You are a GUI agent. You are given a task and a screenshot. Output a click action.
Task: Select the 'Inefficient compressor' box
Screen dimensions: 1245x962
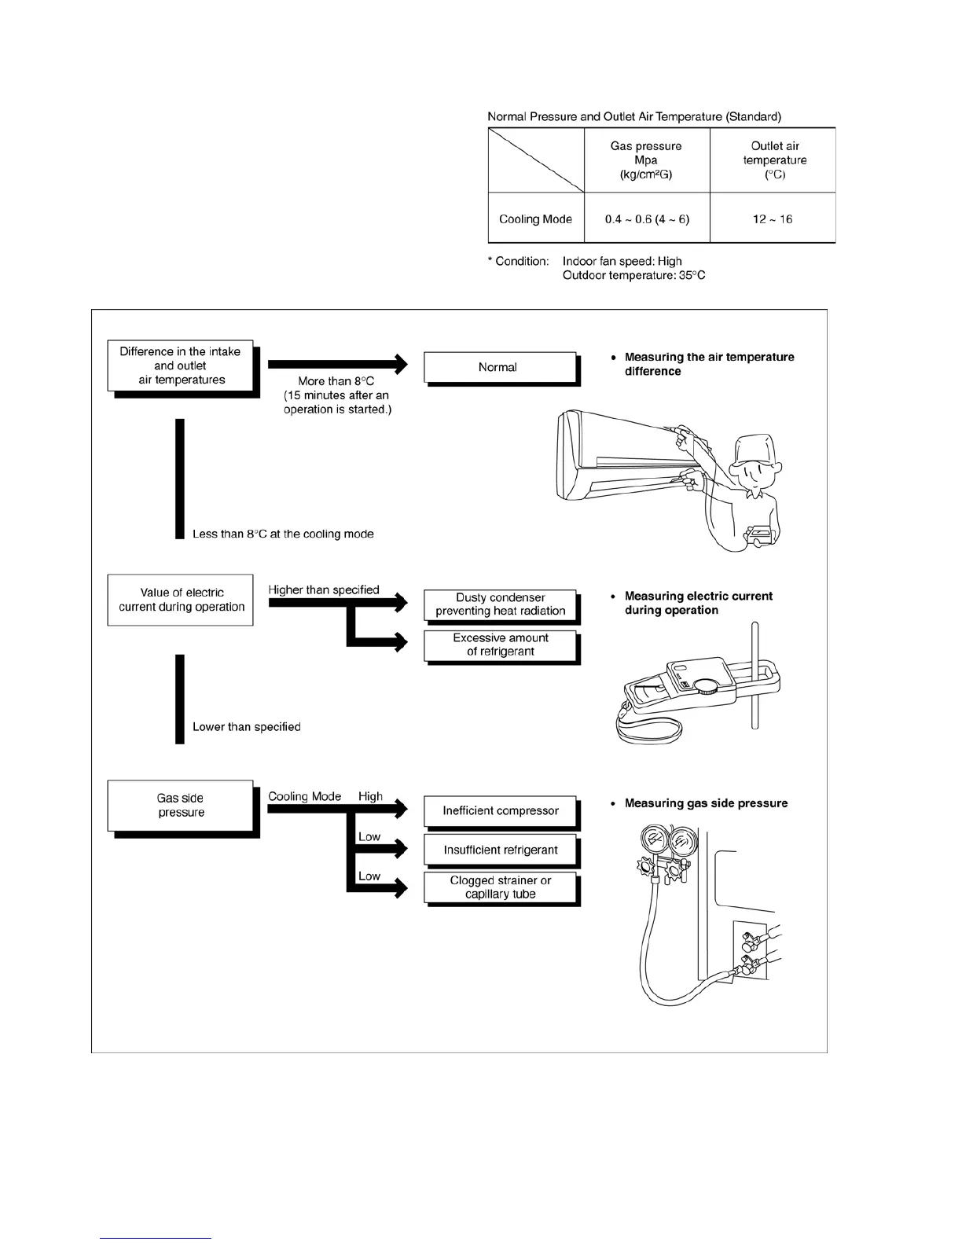click(501, 811)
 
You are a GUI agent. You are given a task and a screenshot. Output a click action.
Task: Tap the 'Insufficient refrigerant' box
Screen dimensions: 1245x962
click(501, 850)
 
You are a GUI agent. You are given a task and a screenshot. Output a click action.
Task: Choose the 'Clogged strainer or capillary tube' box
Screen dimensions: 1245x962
click(501, 887)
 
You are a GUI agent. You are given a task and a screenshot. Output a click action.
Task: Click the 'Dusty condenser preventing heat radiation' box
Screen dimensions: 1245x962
click(501, 604)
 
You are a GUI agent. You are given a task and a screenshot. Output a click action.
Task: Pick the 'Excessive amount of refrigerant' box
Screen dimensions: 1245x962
click(501, 645)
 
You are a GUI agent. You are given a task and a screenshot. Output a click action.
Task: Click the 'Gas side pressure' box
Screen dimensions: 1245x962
click(181, 806)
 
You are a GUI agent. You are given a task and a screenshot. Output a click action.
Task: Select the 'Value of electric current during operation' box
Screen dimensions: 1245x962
click(181, 600)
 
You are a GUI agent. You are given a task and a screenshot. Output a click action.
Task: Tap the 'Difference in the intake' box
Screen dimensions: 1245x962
click(181, 366)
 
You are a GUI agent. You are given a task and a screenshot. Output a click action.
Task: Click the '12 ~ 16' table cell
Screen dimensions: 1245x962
click(773, 219)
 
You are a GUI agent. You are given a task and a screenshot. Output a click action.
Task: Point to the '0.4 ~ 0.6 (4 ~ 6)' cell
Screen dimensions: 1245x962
click(647, 219)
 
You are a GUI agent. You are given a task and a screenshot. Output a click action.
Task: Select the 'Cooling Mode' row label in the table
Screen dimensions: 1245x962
click(536, 219)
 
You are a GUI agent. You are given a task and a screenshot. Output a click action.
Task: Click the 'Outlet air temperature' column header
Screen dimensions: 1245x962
click(774, 160)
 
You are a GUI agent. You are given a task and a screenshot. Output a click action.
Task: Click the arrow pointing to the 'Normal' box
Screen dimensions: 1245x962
click(338, 364)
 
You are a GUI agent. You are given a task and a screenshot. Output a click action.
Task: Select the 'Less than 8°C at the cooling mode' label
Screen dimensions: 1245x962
click(283, 534)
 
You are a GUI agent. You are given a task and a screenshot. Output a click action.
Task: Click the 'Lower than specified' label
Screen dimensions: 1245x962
click(247, 727)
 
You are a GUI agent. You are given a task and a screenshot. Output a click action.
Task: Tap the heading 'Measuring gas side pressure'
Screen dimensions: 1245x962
click(706, 803)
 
